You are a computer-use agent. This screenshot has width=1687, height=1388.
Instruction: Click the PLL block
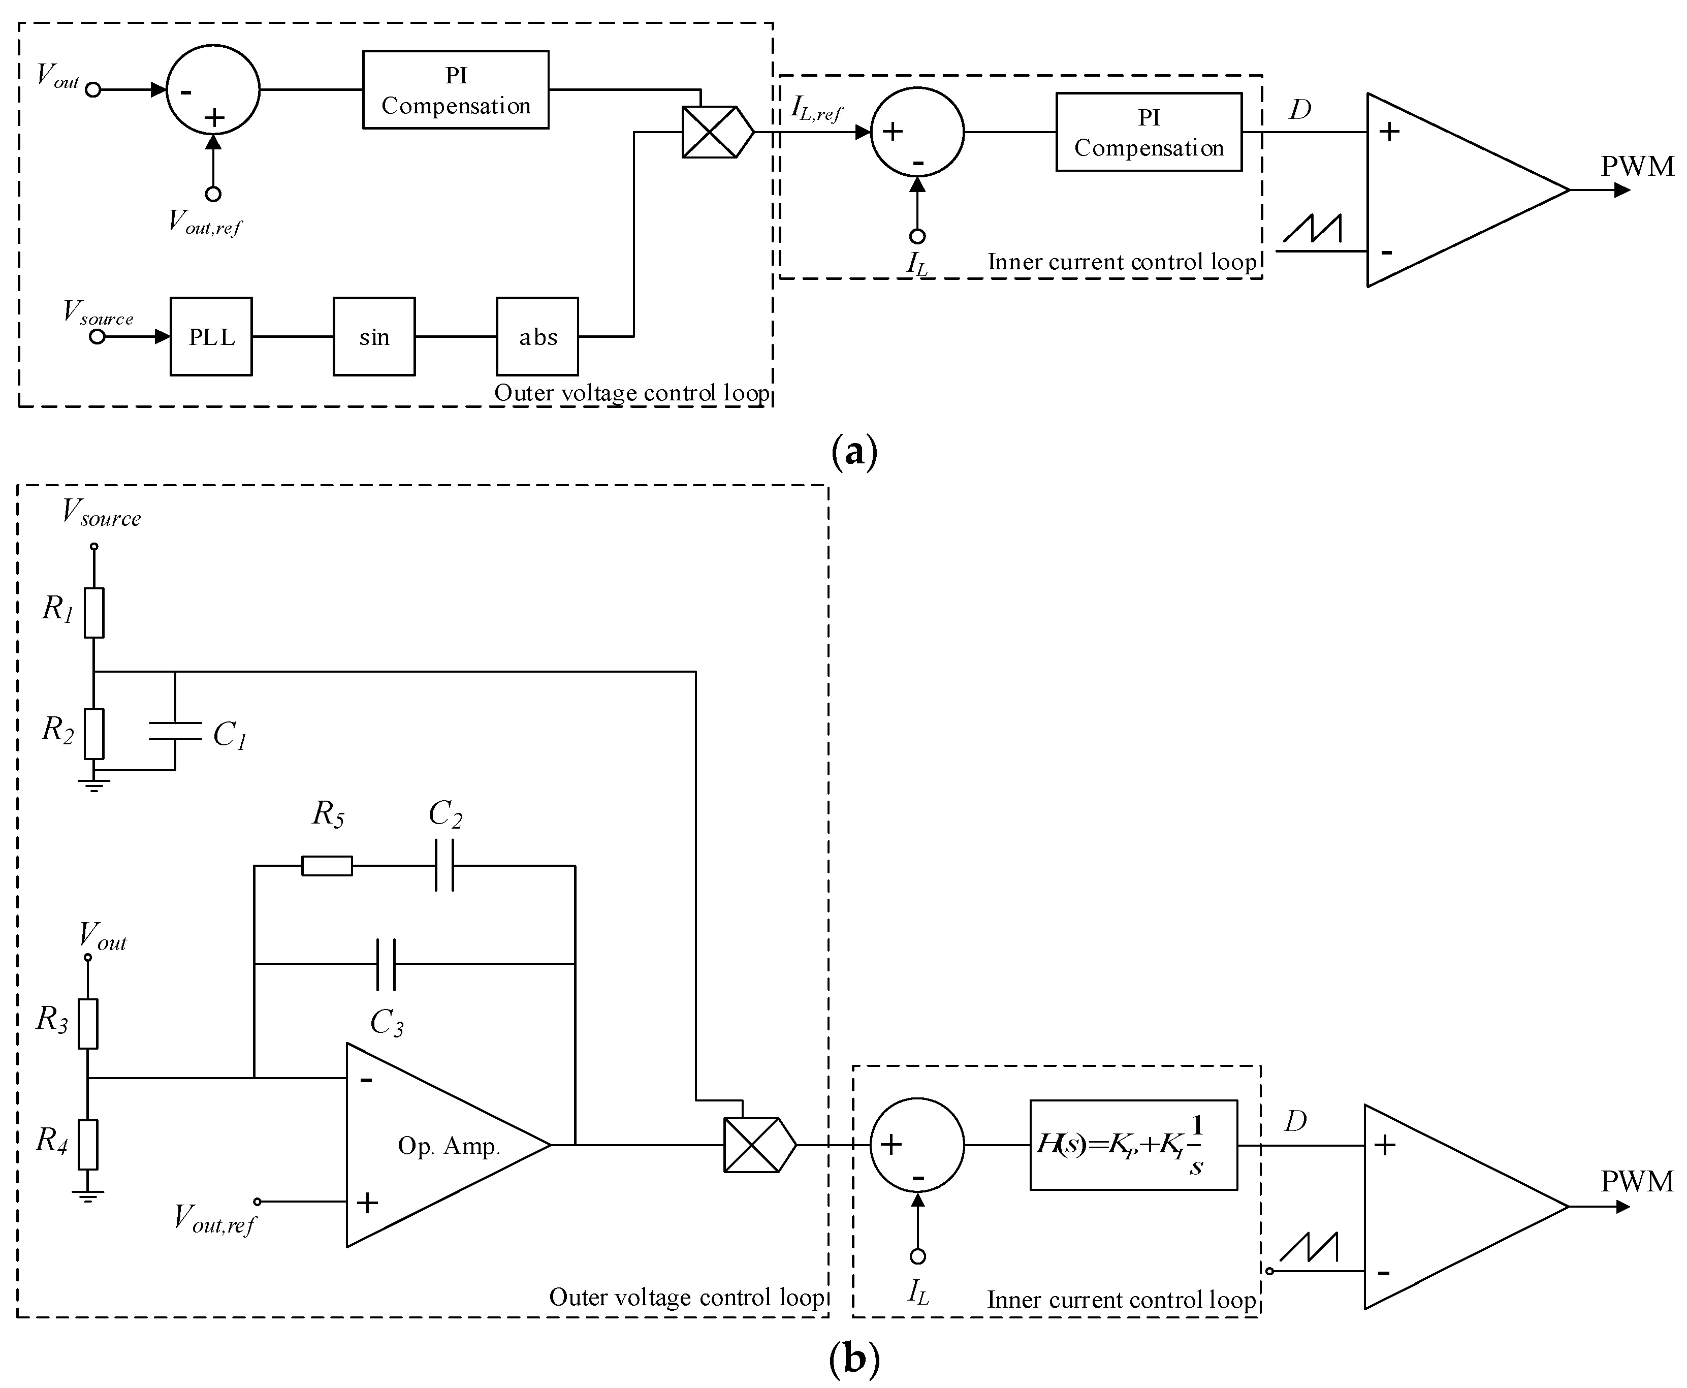211,337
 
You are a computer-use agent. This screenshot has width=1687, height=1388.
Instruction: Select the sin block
374,337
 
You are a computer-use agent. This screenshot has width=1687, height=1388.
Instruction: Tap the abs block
537,337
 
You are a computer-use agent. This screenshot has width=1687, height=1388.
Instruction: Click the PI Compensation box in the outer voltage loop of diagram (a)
456,89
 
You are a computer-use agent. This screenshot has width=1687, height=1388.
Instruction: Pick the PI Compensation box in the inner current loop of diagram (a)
1149,132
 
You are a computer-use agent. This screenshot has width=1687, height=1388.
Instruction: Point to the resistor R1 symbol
94,612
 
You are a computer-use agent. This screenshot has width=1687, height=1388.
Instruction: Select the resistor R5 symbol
327,866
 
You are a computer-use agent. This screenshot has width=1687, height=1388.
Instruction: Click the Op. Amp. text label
449,1147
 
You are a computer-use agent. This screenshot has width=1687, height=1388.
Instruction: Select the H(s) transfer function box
1134,1145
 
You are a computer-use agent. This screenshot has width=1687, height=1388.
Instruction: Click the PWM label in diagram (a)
1637,166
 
